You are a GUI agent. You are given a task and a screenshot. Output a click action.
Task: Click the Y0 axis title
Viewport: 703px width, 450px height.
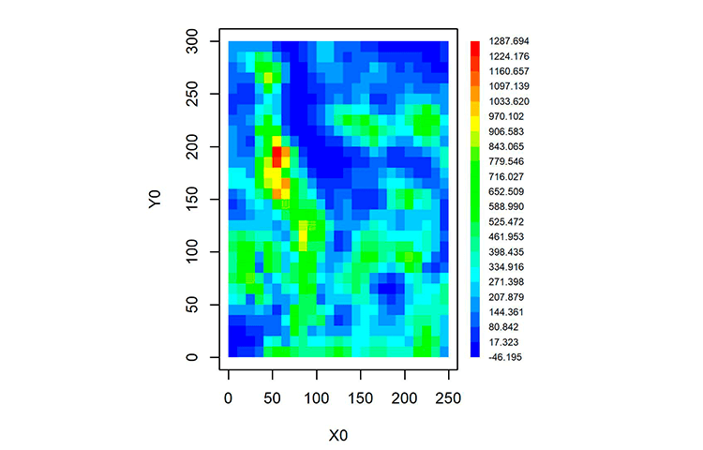point(157,199)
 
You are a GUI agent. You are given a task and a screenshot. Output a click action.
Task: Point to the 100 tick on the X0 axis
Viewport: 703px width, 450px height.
point(317,374)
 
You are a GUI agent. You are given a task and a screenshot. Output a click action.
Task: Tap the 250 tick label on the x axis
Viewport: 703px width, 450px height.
point(449,398)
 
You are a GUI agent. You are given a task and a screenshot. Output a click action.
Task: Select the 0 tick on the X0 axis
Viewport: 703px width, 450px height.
point(229,374)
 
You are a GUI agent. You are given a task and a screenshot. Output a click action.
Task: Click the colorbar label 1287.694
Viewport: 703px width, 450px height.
point(509,41)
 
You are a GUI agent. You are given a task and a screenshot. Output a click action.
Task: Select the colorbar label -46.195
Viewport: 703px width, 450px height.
point(509,357)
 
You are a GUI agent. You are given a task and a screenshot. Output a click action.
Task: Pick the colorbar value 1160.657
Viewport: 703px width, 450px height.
point(509,71)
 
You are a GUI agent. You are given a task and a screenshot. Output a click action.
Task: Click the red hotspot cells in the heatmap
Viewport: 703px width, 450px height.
point(277,154)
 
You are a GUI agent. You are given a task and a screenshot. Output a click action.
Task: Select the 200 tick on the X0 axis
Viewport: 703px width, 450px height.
point(405,374)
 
